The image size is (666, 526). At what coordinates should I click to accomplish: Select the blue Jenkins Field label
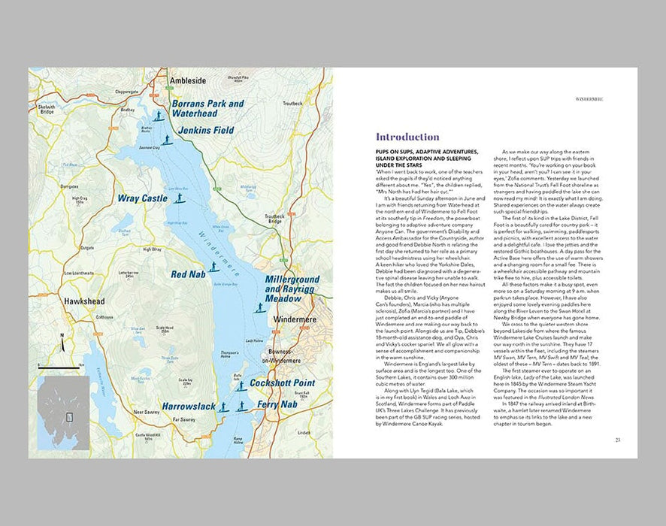pyautogui.click(x=202, y=130)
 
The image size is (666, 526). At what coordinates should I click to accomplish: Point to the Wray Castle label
pyautogui.click(x=142, y=199)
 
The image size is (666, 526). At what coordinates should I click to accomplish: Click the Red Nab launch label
pyautogui.click(x=184, y=274)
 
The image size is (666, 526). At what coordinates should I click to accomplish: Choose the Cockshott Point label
pyautogui.click(x=282, y=383)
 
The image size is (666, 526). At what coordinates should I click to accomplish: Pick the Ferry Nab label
pyautogui.click(x=277, y=404)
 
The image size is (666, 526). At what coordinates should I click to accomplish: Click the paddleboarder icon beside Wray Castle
pyautogui.click(x=179, y=198)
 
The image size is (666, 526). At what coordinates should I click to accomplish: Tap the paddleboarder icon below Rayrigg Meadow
pyautogui.click(x=259, y=308)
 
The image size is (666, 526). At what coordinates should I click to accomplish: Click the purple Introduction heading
pyautogui.click(x=407, y=138)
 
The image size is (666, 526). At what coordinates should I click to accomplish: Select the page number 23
pyautogui.click(x=617, y=440)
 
